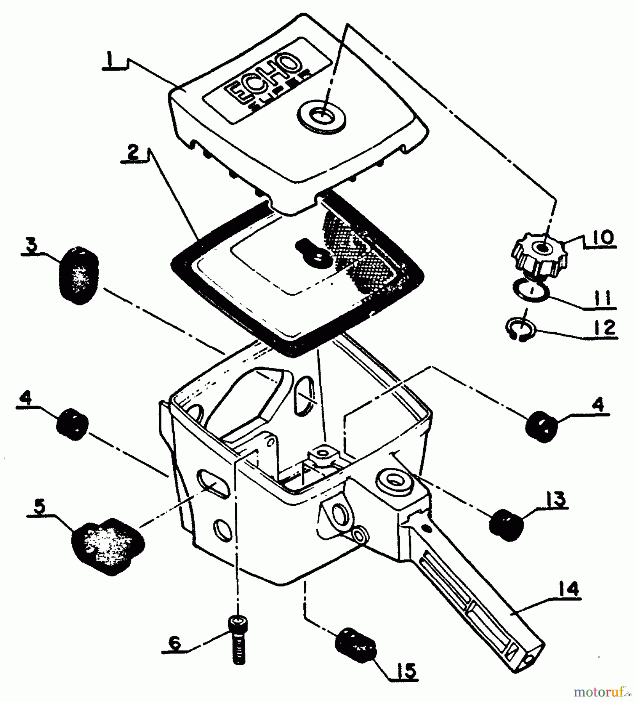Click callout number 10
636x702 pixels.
(601, 237)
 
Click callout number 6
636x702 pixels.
(174, 643)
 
